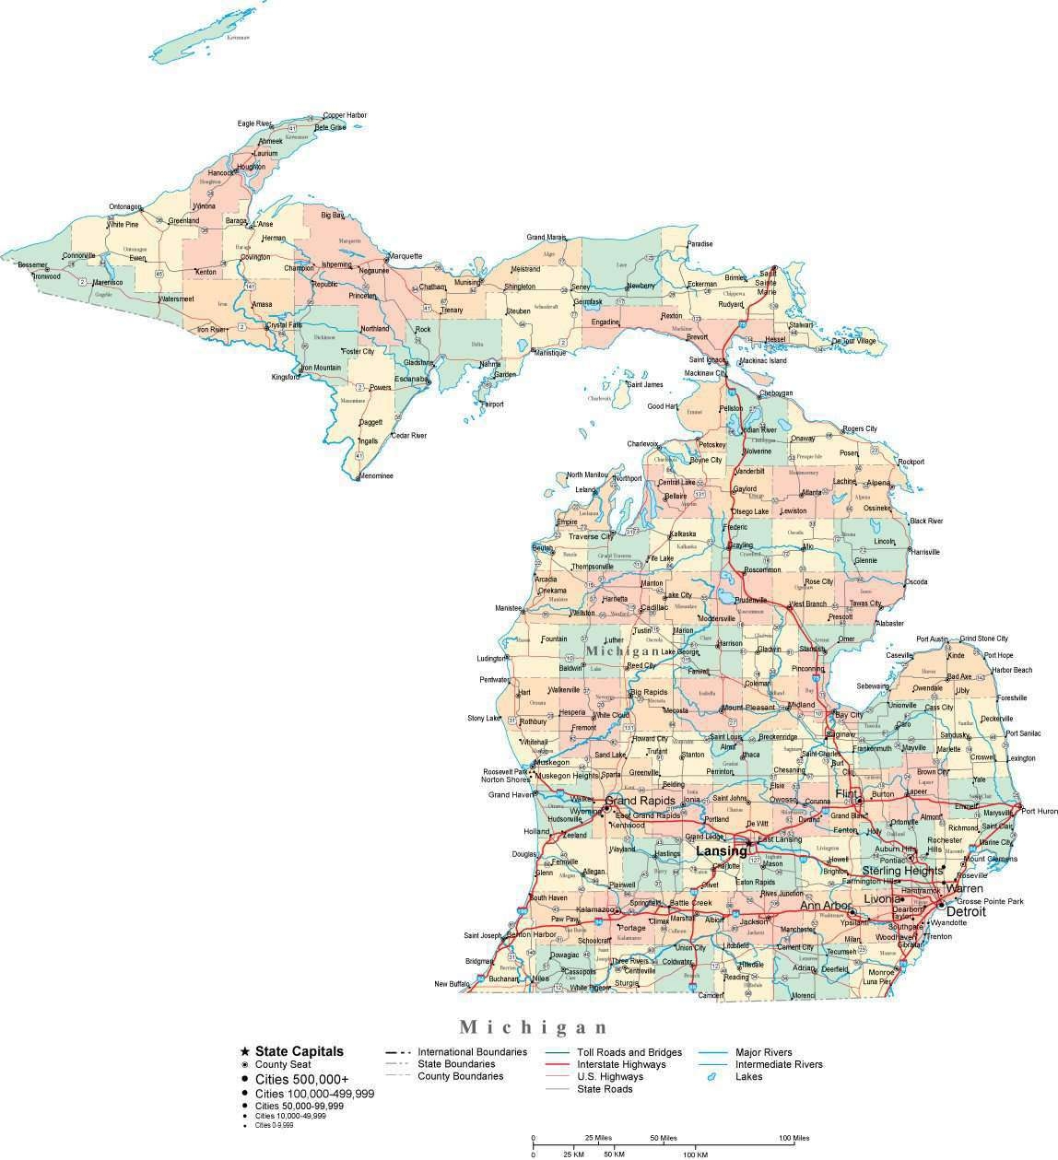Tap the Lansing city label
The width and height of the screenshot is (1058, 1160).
(x=720, y=851)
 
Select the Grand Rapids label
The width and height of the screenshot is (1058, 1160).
(x=641, y=801)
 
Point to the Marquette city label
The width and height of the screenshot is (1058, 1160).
(x=406, y=256)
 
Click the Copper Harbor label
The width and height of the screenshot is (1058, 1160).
(x=345, y=115)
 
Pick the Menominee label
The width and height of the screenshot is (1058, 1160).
(x=375, y=476)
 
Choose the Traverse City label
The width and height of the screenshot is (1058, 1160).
(x=591, y=536)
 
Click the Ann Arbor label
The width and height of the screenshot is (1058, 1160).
(x=824, y=906)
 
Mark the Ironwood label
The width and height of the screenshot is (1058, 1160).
(x=43, y=276)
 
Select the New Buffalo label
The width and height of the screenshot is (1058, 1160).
(x=453, y=984)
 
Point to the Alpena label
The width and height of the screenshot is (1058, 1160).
(x=878, y=483)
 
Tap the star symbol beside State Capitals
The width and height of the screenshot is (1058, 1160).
(x=244, y=1051)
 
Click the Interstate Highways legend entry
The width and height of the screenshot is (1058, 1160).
(x=621, y=1064)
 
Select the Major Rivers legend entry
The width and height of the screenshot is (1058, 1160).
(x=763, y=1052)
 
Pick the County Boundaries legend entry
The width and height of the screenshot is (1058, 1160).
(x=460, y=1076)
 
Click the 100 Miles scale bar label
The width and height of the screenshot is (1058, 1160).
(x=794, y=1139)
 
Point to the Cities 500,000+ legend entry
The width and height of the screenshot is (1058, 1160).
(x=301, y=1079)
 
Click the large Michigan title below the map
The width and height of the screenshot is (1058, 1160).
(x=534, y=1026)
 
